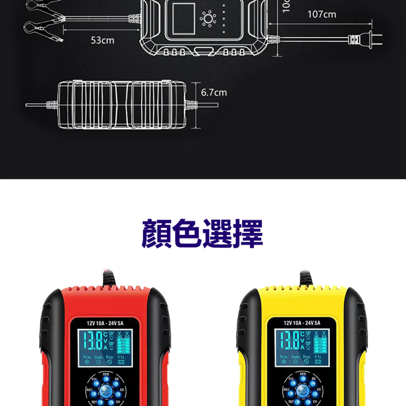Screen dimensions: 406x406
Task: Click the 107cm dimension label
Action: (x=322, y=15)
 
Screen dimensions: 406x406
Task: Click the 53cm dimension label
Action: (x=102, y=41)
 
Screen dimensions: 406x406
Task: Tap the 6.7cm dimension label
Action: (x=214, y=93)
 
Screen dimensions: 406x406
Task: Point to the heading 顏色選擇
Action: (x=203, y=234)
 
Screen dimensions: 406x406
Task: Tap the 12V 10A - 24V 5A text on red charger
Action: (x=105, y=323)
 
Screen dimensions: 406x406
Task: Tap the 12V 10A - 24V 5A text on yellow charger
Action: (x=302, y=323)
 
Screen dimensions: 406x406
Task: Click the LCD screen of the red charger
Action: (x=105, y=348)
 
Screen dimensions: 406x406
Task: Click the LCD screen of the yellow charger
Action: (x=302, y=348)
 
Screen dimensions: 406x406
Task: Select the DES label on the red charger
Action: (x=106, y=374)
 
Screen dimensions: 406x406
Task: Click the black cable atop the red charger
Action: (x=108, y=278)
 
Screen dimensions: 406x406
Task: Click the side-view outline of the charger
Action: (x=122, y=105)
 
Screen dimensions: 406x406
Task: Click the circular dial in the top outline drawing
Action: (x=209, y=19)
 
